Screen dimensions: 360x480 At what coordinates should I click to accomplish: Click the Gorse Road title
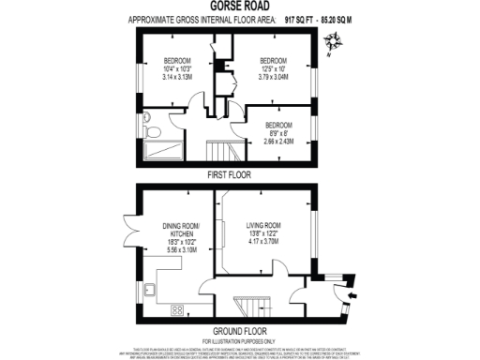coord(239,6)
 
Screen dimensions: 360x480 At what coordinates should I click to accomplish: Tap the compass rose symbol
coord(333,41)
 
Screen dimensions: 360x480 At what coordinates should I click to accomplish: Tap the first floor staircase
coord(220,151)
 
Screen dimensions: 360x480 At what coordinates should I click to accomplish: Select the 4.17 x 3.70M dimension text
coord(263,242)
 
